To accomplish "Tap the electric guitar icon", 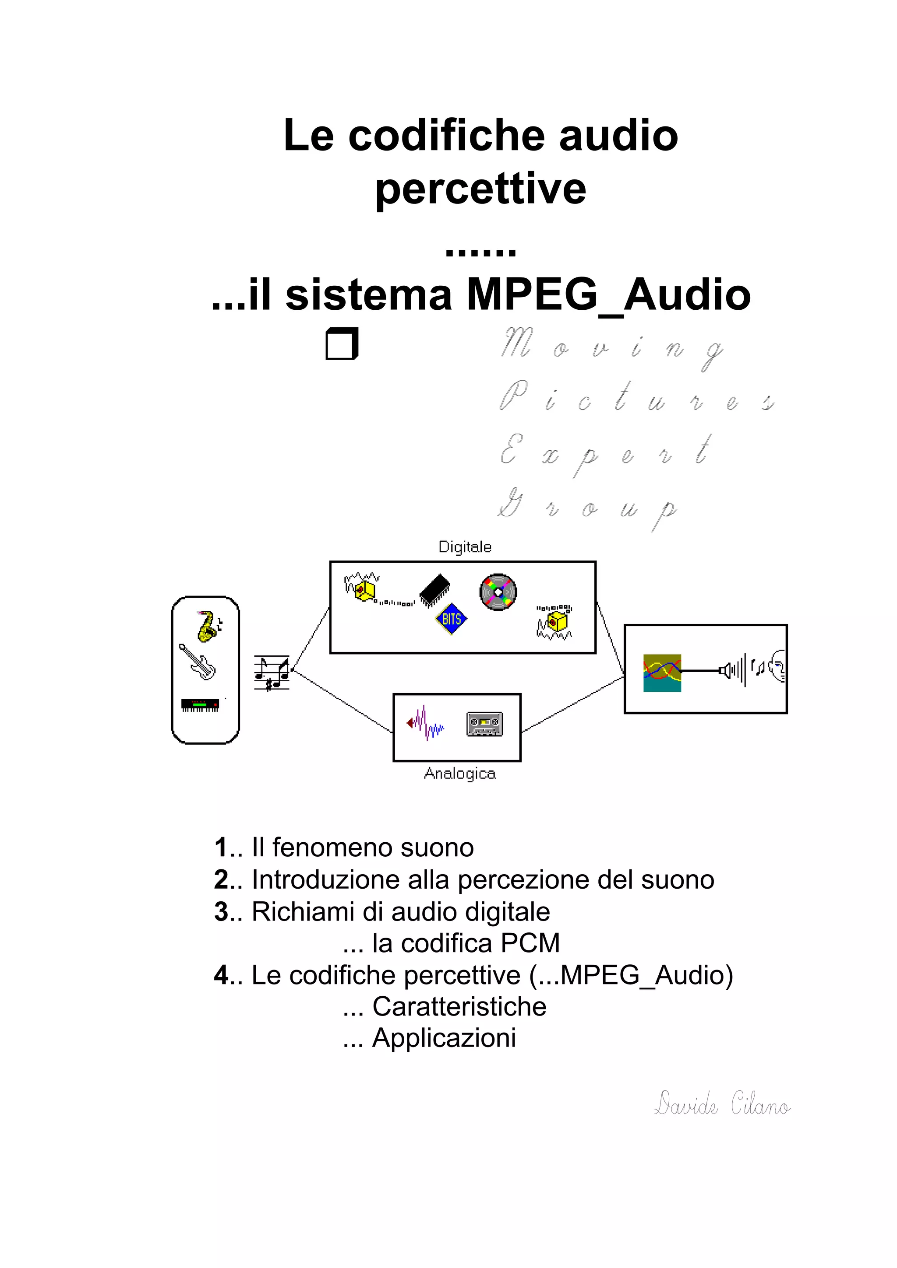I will (197, 661).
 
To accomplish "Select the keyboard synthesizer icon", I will (200, 705).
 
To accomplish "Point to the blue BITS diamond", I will (451, 619).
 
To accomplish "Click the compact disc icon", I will (498, 592).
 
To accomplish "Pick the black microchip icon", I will (435, 590).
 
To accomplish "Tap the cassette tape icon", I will (485, 723).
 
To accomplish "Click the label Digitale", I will (465, 547).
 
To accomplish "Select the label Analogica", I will (460, 773).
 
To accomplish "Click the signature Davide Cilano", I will (722, 1104).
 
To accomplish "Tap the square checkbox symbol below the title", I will (342, 343).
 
